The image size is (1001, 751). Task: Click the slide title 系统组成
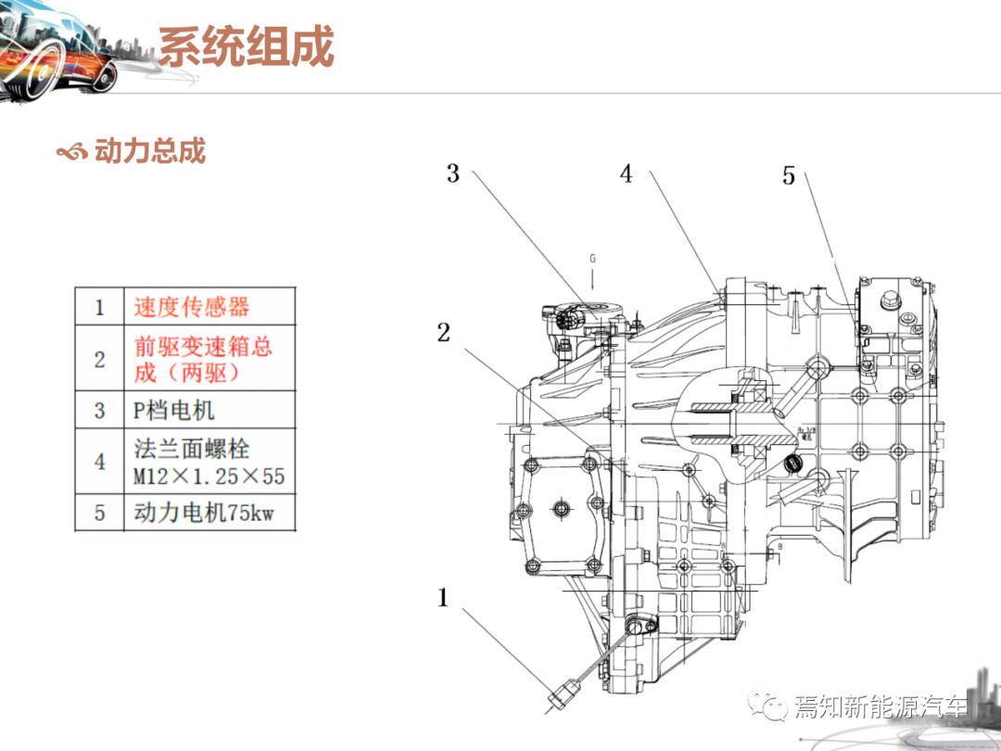click(x=246, y=46)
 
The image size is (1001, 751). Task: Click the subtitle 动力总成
click(x=150, y=151)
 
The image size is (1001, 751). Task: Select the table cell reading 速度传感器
click(x=192, y=307)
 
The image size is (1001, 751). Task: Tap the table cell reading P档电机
click(x=174, y=410)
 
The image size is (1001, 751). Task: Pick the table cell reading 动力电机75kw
click(x=204, y=512)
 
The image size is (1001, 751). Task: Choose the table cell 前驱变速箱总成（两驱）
click(x=204, y=359)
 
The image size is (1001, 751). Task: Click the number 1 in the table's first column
click(x=100, y=307)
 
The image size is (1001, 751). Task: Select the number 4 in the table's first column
click(x=100, y=461)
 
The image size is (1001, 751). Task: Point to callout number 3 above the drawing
click(x=453, y=173)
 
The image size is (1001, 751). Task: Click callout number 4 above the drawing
click(x=627, y=173)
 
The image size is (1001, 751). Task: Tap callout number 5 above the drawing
click(x=789, y=175)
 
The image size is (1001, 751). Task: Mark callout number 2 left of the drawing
click(x=444, y=332)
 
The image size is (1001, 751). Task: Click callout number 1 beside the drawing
click(x=443, y=598)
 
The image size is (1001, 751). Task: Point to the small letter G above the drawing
click(x=592, y=258)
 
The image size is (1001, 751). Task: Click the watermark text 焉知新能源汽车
click(x=881, y=707)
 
